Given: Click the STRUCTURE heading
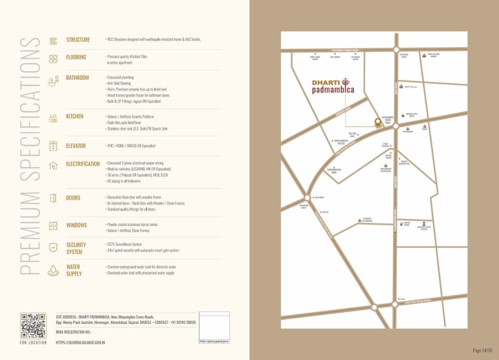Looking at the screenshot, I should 78,40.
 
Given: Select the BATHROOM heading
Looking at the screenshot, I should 78,78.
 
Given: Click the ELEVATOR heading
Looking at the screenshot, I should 76,146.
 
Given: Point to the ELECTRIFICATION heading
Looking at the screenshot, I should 83,164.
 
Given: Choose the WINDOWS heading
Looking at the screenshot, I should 77,225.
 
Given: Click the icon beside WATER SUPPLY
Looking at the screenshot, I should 53,270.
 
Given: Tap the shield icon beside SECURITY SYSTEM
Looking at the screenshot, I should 53,247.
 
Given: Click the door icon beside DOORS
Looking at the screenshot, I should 53,198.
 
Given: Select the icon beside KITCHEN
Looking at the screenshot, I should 53,118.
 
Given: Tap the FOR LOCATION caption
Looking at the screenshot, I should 32,343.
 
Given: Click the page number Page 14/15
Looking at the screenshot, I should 482,351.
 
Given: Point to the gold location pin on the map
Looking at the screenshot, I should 377,122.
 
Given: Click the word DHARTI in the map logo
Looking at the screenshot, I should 326,81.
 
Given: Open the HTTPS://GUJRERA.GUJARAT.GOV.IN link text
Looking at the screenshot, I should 80,343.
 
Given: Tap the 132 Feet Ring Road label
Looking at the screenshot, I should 417,299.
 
